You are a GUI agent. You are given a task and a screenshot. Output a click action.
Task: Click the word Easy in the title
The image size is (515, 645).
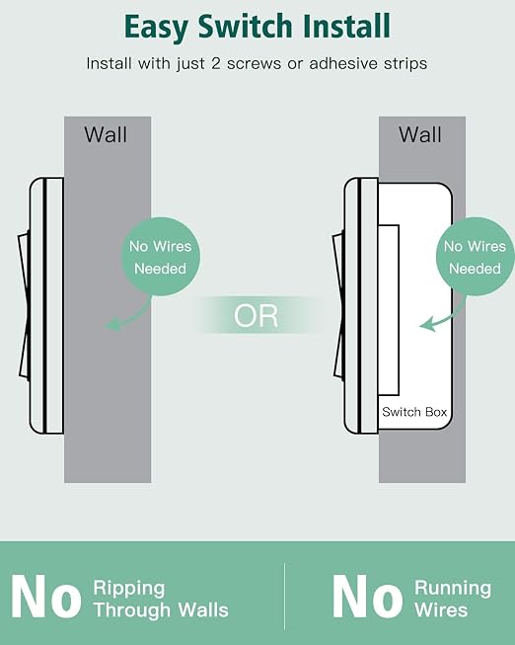tap(157, 28)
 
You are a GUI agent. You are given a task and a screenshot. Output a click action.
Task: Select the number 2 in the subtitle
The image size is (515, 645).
tap(216, 64)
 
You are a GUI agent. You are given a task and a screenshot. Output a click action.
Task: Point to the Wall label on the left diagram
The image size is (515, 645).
tap(106, 134)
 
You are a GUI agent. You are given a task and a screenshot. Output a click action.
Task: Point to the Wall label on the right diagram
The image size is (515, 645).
tap(420, 134)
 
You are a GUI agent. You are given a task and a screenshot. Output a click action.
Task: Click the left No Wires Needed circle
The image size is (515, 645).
tap(160, 257)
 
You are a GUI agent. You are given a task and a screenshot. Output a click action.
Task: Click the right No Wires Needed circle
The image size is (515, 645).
tap(476, 257)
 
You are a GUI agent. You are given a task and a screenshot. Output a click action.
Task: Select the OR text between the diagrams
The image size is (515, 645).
tap(256, 315)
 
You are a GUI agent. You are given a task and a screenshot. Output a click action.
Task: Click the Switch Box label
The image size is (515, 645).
tap(414, 412)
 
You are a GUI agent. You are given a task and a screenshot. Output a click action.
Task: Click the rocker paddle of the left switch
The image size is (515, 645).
tap(24, 305)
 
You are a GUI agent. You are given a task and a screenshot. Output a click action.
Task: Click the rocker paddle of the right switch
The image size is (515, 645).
tap(338, 305)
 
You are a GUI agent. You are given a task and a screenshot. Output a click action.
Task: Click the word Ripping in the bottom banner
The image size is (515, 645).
tap(129, 589)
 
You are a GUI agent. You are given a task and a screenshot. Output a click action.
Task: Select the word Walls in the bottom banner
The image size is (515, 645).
tap(203, 609)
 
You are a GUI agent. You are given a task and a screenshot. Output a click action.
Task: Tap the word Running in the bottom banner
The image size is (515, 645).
tap(453, 589)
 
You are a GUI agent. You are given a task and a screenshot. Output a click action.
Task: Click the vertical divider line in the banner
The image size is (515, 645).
tap(284, 597)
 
